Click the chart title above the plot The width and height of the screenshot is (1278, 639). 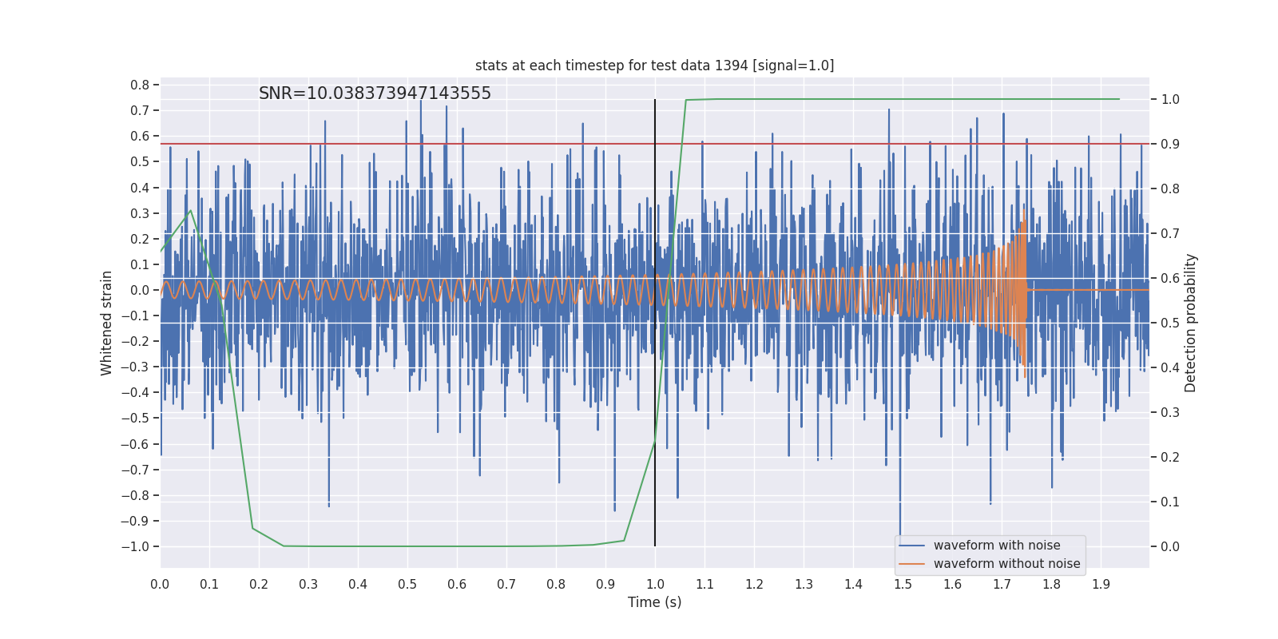(654, 65)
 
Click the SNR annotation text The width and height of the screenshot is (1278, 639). (375, 93)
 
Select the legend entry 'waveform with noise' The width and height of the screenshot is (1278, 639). (996, 546)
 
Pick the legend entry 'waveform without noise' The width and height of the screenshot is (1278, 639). (1006, 564)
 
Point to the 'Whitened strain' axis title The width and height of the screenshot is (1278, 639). (107, 323)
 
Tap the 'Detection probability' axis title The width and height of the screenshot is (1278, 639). (1191, 323)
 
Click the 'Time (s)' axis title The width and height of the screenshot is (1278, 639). (654, 602)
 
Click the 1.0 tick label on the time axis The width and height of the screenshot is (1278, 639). (655, 584)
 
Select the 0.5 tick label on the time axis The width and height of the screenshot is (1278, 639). (407, 584)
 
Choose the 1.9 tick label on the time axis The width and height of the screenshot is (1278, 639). (1101, 584)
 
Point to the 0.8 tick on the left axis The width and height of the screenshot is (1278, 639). (140, 85)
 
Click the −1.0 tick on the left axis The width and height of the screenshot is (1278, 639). (137, 546)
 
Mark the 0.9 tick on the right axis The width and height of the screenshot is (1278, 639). (1170, 145)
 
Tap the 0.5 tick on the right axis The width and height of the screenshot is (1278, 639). (1170, 323)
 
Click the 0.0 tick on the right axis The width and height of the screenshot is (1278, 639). (1170, 546)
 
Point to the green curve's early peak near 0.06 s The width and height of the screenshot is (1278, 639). (190, 211)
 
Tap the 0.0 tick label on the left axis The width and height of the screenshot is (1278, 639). (140, 290)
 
